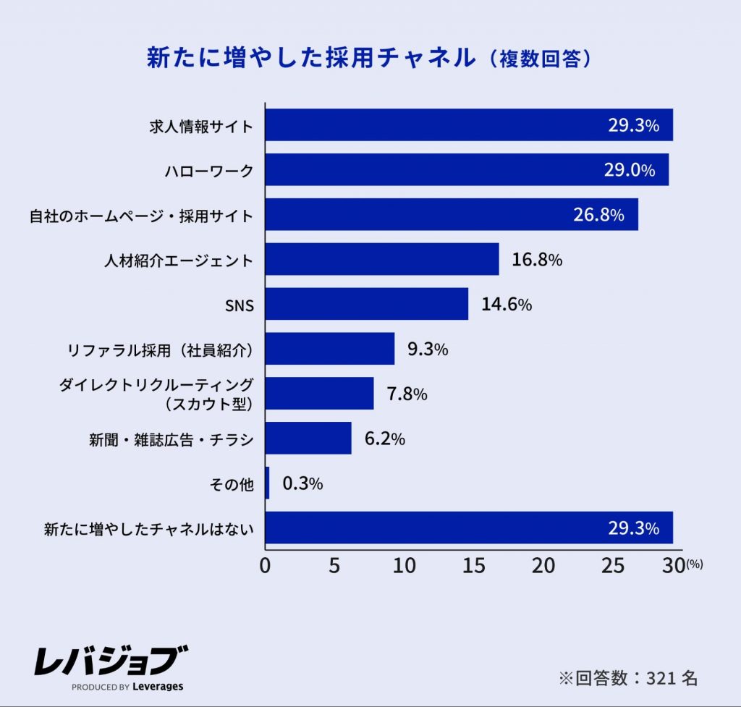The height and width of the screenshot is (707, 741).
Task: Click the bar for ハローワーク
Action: click(x=467, y=170)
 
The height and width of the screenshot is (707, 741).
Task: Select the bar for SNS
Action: click(x=367, y=304)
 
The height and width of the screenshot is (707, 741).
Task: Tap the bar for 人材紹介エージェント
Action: click(x=382, y=259)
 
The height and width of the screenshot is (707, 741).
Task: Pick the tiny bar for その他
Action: click(x=268, y=483)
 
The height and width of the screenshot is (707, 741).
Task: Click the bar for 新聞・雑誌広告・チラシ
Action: click(x=308, y=439)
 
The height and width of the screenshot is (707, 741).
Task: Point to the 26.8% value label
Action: click(x=597, y=215)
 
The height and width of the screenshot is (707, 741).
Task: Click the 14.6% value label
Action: click(x=507, y=305)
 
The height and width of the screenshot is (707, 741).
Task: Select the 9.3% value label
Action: click(x=428, y=350)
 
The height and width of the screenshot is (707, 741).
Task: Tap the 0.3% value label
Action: click(x=302, y=483)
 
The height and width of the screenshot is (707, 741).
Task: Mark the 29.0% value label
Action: click(x=629, y=170)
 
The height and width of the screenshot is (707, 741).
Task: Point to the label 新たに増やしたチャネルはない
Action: click(x=149, y=529)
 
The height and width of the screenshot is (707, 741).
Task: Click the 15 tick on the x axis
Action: click(x=474, y=566)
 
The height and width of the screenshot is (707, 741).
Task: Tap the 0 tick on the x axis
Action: click(x=266, y=566)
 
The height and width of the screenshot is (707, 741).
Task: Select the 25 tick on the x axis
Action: click(x=613, y=566)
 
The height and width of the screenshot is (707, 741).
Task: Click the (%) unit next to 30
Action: click(x=694, y=564)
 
